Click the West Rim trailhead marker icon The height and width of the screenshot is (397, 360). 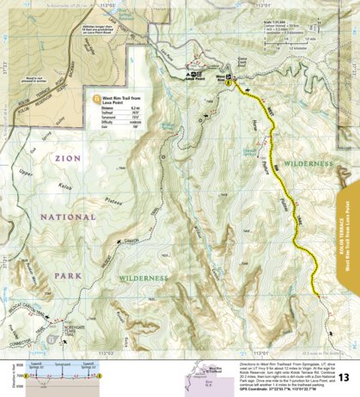[230, 80]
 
